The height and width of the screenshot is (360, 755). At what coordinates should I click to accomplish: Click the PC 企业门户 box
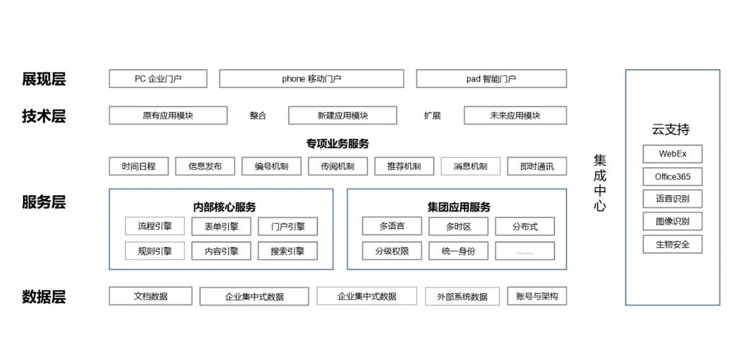(158, 78)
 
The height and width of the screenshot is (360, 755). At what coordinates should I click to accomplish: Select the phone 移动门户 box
(311, 78)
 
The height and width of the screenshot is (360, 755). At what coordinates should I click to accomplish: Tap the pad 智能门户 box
(491, 78)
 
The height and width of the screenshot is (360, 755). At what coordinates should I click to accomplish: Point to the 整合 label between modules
(258, 115)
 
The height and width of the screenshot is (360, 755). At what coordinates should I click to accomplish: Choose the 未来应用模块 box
(515, 115)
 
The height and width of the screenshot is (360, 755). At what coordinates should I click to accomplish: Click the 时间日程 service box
(139, 166)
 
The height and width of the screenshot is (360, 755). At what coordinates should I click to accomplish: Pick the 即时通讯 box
(536, 166)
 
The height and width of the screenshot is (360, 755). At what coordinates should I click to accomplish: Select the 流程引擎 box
(155, 226)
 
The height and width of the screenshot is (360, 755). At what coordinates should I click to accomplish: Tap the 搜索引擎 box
(287, 251)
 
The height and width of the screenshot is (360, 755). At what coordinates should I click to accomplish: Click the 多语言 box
(392, 226)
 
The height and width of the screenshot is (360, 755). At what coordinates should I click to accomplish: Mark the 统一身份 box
(458, 251)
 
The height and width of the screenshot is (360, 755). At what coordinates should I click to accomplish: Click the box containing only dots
(525, 251)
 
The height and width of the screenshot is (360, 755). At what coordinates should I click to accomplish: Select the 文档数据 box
(150, 296)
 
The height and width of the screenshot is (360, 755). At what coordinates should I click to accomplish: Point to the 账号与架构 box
(537, 296)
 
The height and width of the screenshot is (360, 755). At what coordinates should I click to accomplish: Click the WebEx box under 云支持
(672, 154)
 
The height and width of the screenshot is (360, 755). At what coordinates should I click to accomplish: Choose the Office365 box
(672, 176)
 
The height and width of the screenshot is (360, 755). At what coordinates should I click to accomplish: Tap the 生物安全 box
(672, 244)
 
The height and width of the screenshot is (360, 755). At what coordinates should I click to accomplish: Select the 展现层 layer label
(44, 79)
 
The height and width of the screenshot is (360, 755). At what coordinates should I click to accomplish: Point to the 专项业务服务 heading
(337, 143)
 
